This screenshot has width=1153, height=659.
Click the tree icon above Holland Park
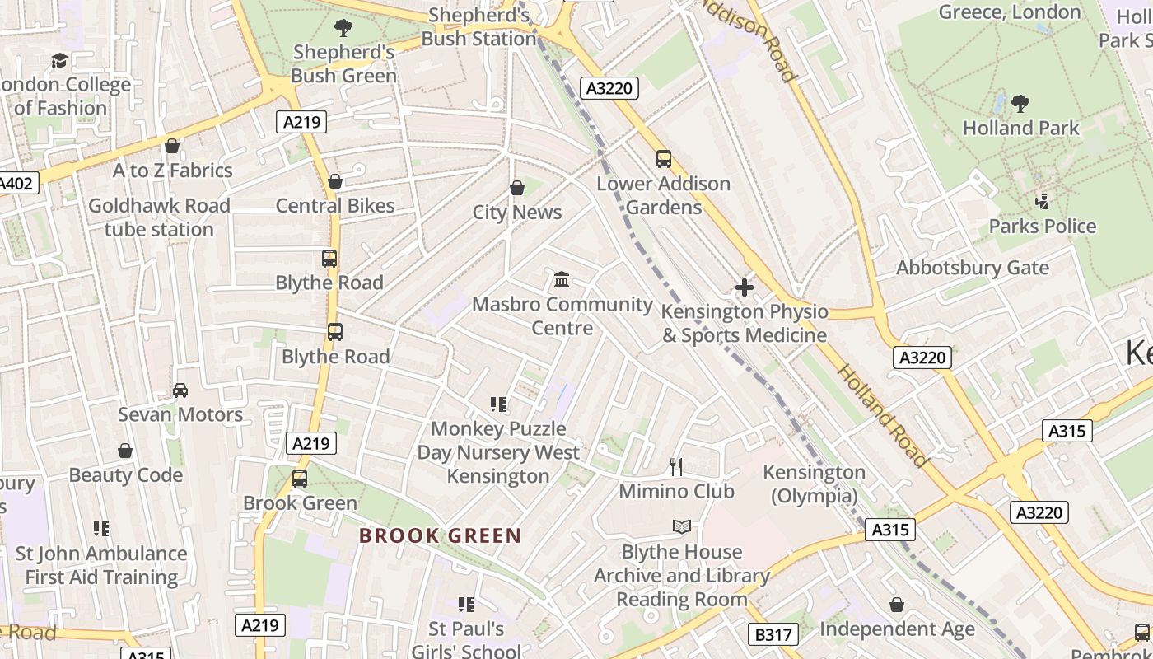(x=1020, y=103)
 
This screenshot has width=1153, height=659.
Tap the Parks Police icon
(x=1043, y=200)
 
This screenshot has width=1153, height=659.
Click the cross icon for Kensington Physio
(x=745, y=287)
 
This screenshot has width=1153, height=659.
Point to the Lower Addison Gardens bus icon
(x=664, y=159)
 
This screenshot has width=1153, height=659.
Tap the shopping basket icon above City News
(x=517, y=188)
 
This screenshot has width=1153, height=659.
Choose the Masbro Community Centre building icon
(x=562, y=280)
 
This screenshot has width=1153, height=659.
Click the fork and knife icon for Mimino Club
(x=676, y=467)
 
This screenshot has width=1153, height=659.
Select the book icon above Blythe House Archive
(x=682, y=527)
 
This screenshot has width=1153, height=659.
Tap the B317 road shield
(x=773, y=634)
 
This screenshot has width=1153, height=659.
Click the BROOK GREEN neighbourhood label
(x=440, y=536)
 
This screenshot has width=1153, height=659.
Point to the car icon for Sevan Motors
(x=180, y=390)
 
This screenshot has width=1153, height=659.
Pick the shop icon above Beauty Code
(x=125, y=451)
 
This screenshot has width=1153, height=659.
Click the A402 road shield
(x=16, y=183)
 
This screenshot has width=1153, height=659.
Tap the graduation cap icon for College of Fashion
(x=59, y=60)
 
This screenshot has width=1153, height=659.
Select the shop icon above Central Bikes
(x=335, y=181)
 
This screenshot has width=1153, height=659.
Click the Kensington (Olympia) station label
(x=814, y=484)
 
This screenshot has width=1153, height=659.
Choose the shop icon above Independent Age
(x=897, y=605)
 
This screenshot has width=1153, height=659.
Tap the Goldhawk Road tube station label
(x=159, y=217)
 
